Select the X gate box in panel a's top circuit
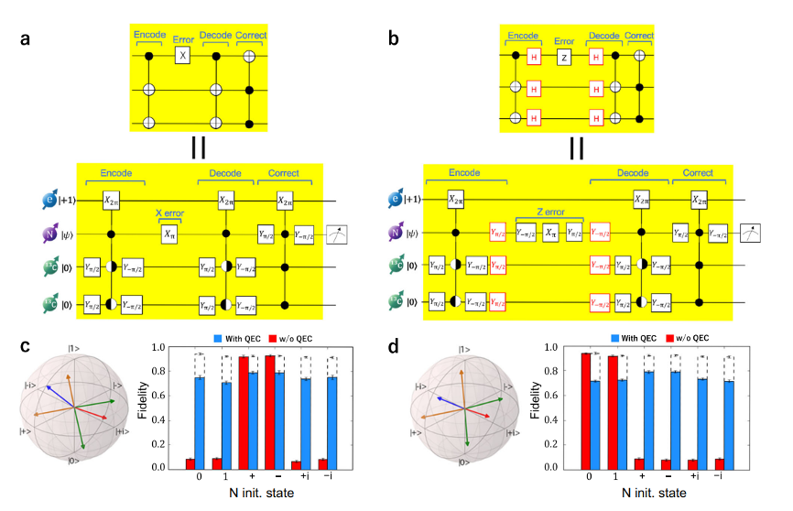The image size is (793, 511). pos(181,57)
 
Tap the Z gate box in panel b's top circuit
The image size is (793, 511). pos(566,57)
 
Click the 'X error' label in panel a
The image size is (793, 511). pos(169,213)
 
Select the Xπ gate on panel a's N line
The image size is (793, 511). pos(169,234)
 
